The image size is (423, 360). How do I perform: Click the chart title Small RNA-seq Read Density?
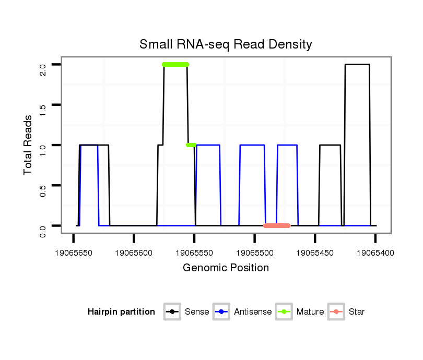coord(226,44)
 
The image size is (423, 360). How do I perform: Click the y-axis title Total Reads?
coord(28,145)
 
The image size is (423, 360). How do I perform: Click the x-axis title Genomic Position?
coord(226,268)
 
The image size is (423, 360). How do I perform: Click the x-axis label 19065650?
coord(74,253)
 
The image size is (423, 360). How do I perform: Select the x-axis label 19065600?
coord(134,253)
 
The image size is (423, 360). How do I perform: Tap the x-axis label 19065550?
coord(194,253)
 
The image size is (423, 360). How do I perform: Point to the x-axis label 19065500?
coord(255,253)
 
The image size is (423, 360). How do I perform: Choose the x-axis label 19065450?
coord(315,253)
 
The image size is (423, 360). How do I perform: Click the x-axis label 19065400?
coord(375,253)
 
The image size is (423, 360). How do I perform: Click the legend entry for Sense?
coord(186,312)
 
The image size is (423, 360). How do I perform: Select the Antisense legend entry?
coord(242,312)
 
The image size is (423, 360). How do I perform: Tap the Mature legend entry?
coord(300,312)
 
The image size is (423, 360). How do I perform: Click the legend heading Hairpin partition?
coord(121,312)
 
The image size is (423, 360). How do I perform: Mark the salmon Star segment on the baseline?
coord(277,226)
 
